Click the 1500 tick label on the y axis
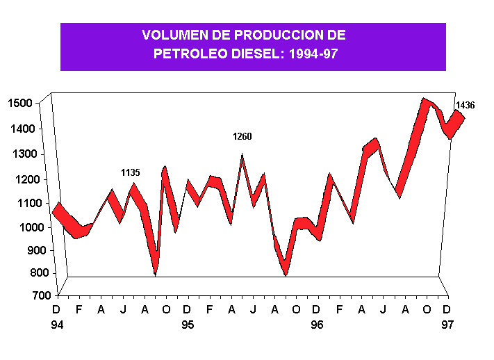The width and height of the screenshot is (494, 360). (x=20, y=104)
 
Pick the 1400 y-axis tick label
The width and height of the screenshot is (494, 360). (x=20, y=129)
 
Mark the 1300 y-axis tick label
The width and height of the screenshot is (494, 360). (x=20, y=154)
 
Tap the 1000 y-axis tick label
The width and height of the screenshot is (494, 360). (x=20, y=227)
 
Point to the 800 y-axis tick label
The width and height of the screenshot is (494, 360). (x=23, y=273)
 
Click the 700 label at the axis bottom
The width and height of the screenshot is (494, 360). (x=23, y=296)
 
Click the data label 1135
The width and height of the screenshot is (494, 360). (x=131, y=172)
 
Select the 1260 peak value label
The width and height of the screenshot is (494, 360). (x=242, y=137)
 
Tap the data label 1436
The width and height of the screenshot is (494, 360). (x=465, y=106)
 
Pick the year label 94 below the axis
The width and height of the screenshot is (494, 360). (x=57, y=325)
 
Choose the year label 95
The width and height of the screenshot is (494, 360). (x=188, y=325)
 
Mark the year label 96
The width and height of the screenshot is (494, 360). (x=317, y=325)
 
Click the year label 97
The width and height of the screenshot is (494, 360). (x=447, y=325)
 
